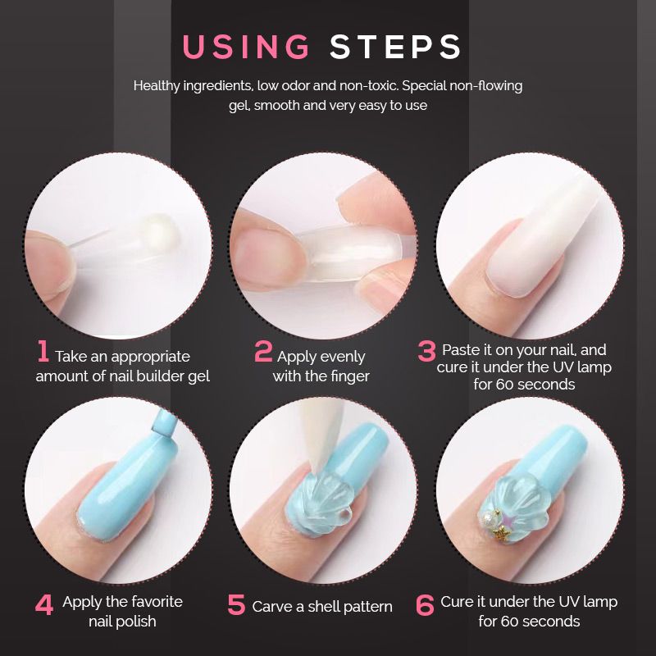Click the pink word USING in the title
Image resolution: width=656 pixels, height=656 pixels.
click(x=246, y=47)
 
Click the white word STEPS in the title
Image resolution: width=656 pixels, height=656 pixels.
click(x=396, y=47)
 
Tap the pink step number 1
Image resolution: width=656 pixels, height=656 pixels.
click(x=43, y=352)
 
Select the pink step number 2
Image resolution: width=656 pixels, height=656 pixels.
click(x=263, y=352)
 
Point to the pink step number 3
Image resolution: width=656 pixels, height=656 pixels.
click(x=426, y=352)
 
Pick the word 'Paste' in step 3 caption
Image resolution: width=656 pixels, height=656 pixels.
click(x=461, y=349)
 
